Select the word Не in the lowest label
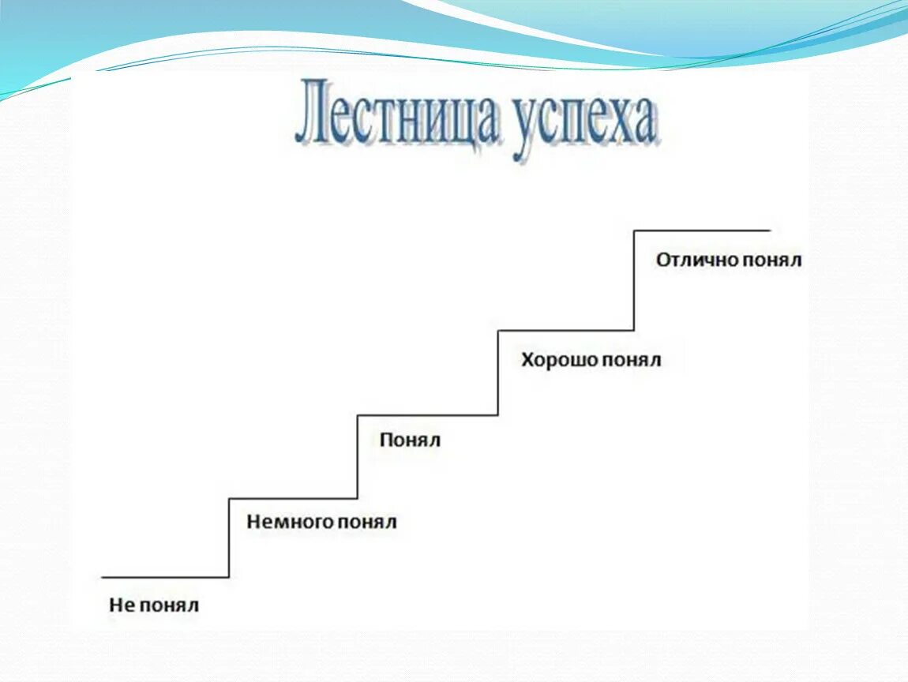122,606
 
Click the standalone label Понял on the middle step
410,440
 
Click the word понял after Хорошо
632,362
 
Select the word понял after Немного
366,523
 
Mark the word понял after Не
171,606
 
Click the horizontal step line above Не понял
166,578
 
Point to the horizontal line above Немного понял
293,498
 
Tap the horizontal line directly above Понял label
427,415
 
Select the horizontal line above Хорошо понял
565,331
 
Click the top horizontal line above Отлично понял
702,230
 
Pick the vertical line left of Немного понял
229,538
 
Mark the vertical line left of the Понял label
358,456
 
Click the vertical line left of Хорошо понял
497,373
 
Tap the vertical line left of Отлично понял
634,280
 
